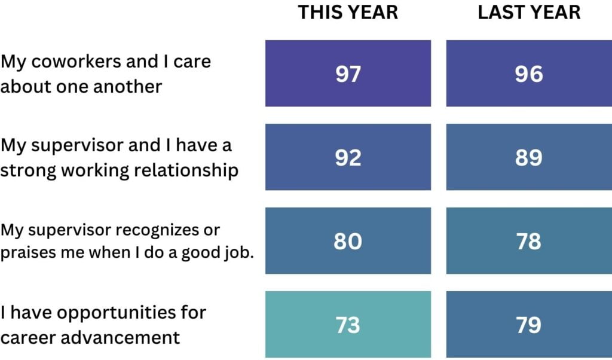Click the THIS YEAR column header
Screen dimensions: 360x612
tap(348, 13)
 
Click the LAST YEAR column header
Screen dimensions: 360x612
tap(528, 13)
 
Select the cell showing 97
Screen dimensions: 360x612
tap(348, 74)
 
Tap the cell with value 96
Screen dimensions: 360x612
tap(528, 74)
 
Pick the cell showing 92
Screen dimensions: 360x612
tap(348, 157)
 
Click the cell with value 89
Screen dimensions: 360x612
tap(528, 157)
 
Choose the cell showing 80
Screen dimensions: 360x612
tap(348, 241)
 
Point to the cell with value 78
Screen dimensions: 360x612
tap(528, 241)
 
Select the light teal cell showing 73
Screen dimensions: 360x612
tap(348, 325)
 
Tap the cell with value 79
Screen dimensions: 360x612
tap(528, 325)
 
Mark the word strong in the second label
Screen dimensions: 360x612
tap(24, 170)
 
